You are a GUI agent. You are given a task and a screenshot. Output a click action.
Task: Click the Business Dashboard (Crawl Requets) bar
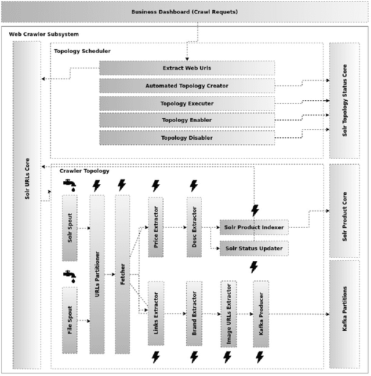[x=184, y=12]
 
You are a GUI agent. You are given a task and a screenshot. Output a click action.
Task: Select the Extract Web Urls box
[x=187, y=68]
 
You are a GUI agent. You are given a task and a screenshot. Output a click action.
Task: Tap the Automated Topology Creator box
[x=187, y=86]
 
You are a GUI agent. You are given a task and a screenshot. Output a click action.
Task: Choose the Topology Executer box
[x=187, y=104]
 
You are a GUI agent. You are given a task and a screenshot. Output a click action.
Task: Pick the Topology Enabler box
[x=187, y=121]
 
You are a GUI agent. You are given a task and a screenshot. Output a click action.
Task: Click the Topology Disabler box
[x=187, y=138]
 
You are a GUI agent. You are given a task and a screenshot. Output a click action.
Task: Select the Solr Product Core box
[x=344, y=211]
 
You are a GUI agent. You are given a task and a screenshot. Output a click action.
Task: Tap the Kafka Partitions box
[x=344, y=313]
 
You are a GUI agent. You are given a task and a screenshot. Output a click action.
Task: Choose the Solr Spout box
[x=70, y=228]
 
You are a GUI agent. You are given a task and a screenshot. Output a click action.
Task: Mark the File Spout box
[x=70, y=320]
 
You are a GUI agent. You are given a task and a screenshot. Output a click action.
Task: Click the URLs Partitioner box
[x=97, y=274]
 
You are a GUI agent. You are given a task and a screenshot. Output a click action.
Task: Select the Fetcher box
[x=122, y=274]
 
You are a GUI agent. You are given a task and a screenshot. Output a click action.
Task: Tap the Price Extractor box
[x=156, y=227]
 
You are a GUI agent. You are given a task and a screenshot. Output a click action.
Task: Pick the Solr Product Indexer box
[x=254, y=227]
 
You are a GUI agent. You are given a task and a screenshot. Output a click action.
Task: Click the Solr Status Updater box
[x=254, y=249]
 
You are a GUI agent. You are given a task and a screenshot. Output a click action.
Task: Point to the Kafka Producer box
[x=261, y=313]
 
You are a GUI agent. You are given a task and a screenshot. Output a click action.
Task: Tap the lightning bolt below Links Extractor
[x=155, y=357]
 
